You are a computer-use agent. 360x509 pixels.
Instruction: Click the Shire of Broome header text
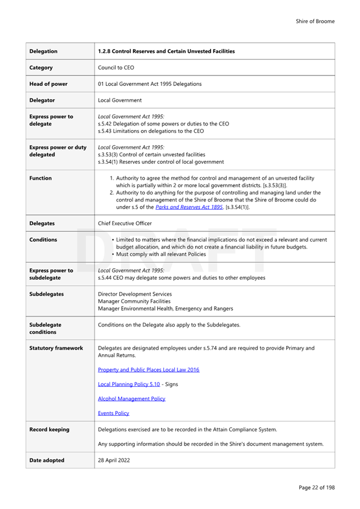click(x=315, y=21)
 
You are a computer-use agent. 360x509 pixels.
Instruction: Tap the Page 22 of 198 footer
click(x=316, y=488)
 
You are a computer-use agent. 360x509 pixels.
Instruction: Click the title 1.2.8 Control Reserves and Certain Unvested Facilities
click(x=166, y=51)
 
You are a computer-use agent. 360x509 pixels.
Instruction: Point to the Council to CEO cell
click(x=116, y=68)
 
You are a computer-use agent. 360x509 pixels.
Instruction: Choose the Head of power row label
click(x=49, y=84)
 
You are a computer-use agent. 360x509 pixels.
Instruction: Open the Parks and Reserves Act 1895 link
click(x=189, y=207)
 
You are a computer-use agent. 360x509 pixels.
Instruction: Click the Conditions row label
click(x=43, y=240)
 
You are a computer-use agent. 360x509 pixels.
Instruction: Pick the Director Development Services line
click(x=135, y=294)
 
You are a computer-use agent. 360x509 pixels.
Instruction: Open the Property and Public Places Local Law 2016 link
click(x=148, y=370)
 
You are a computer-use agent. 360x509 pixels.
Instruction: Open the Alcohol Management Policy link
click(x=131, y=398)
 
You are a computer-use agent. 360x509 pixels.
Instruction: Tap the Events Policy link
click(x=114, y=413)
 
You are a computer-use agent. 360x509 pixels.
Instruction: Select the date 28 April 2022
click(x=114, y=461)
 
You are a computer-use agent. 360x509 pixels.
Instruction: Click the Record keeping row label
click(x=49, y=430)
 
